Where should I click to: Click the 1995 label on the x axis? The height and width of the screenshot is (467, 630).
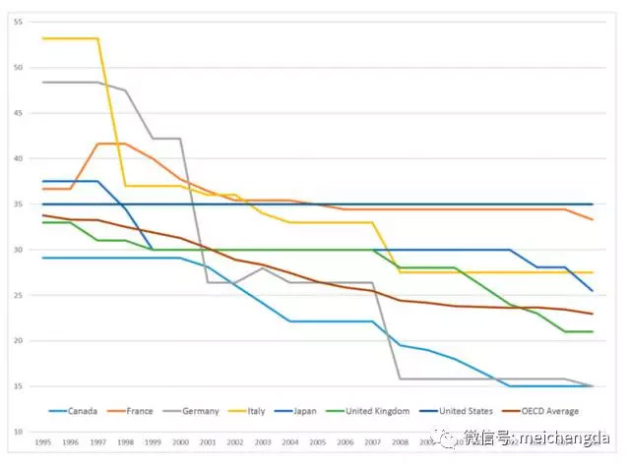pos(43,443)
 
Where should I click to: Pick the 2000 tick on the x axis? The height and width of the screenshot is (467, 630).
pos(180,443)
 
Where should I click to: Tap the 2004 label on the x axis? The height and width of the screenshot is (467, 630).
pos(290,443)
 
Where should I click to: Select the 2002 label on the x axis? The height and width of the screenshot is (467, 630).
pos(235,443)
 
